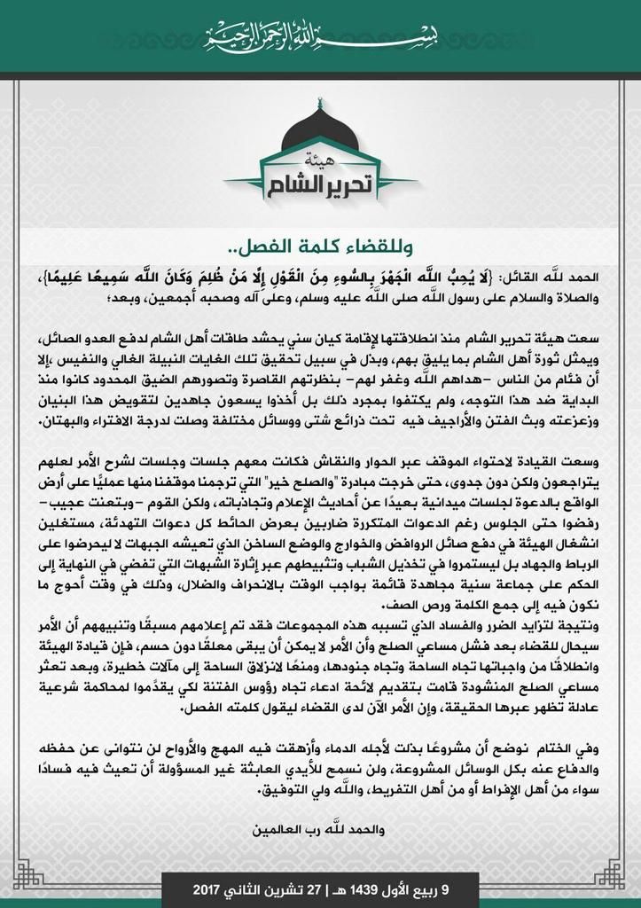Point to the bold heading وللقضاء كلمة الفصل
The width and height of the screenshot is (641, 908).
320,243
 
